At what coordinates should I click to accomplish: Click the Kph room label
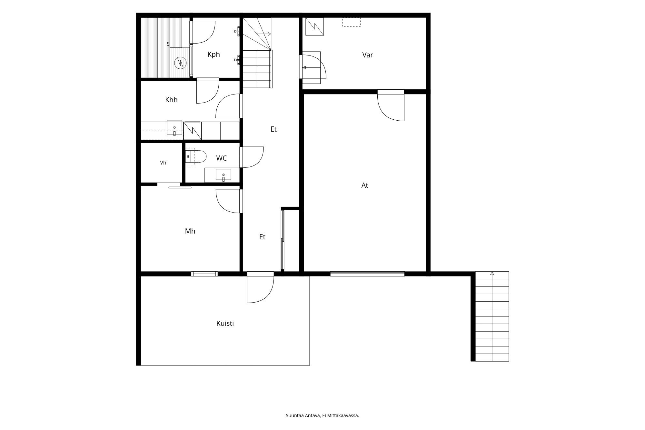pos(213,54)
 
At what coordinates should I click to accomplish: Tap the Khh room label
pos(171,100)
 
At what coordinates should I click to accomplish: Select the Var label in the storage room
pos(368,55)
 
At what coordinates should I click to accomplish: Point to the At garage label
pos(365,185)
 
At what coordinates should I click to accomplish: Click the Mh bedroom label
pos(190,231)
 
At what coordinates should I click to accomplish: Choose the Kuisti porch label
pos(225,323)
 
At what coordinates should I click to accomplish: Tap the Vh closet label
pos(163,163)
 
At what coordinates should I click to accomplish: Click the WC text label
pos(222,158)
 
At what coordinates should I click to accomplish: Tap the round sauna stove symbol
pos(181,63)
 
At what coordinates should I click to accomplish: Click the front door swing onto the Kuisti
pos(260,289)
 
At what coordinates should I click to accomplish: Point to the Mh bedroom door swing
pos(229,201)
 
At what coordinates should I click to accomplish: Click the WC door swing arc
pos(253,157)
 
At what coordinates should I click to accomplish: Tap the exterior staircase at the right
pos(492,316)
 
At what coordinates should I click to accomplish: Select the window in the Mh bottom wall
pos(204,274)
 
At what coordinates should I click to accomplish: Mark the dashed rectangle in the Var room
pos(352,22)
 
